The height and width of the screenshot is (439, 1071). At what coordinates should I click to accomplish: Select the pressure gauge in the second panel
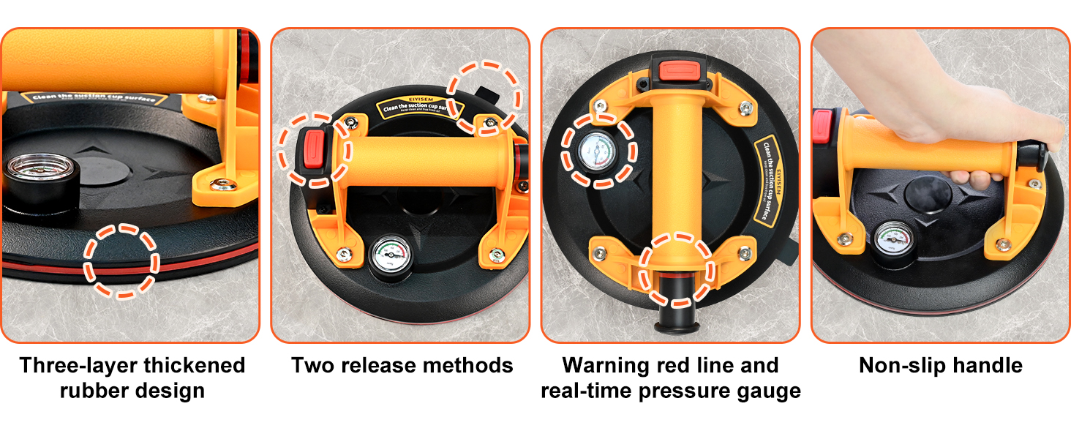click(x=389, y=258)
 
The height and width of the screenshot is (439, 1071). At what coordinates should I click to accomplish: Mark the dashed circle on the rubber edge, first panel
click(x=121, y=260)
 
